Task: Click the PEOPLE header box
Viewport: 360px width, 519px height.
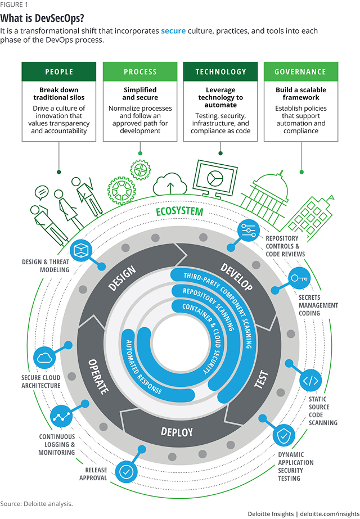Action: click(x=59, y=71)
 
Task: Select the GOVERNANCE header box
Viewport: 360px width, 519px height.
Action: click(x=301, y=71)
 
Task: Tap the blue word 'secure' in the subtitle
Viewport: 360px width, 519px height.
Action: click(x=173, y=31)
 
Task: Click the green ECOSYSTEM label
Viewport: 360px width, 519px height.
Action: click(x=179, y=211)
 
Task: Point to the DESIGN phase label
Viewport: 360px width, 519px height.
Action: click(x=122, y=278)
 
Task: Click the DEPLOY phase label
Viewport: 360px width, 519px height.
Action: click(x=177, y=432)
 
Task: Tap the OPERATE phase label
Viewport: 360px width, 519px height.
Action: click(x=98, y=377)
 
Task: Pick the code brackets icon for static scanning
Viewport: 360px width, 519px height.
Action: click(x=310, y=380)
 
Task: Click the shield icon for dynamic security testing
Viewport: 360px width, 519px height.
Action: click(x=284, y=436)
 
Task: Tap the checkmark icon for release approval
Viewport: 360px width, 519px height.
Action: click(x=126, y=472)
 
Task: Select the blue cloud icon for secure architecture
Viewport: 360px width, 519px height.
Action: click(x=44, y=358)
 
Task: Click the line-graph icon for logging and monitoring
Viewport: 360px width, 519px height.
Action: click(x=61, y=417)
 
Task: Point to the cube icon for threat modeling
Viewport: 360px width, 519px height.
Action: click(x=81, y=251)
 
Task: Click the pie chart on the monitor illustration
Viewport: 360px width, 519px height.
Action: click(x=215, y=178)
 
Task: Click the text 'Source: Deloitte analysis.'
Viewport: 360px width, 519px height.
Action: click(x=37, y=504)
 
